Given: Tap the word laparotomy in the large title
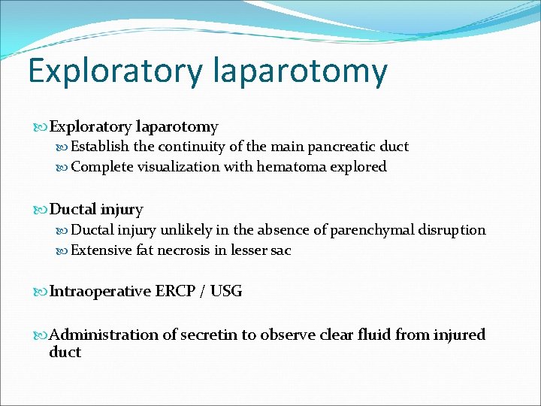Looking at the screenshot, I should point(300,71).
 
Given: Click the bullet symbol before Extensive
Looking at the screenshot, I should point(64,250).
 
